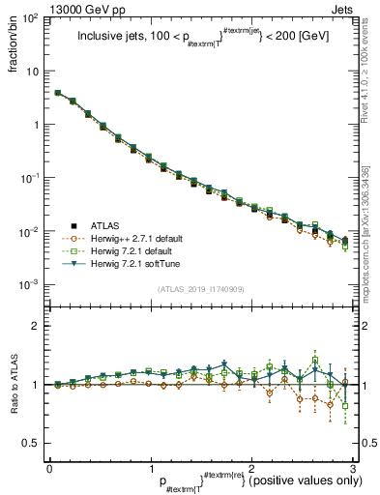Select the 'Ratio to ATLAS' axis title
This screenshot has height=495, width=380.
pyautogui.click(x=13, y=385)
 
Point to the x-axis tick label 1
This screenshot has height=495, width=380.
pyautogui.click(x=150, y=467)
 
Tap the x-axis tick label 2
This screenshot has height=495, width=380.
pyautogui.click(x=250, y=467)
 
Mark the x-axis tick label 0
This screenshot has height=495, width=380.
pyautogui.click(x=49, y=467)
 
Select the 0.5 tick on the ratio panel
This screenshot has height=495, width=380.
pyautogui.click(x=32, y=443)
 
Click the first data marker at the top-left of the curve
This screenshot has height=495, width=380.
pyautogui.click(x=58, y=93)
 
